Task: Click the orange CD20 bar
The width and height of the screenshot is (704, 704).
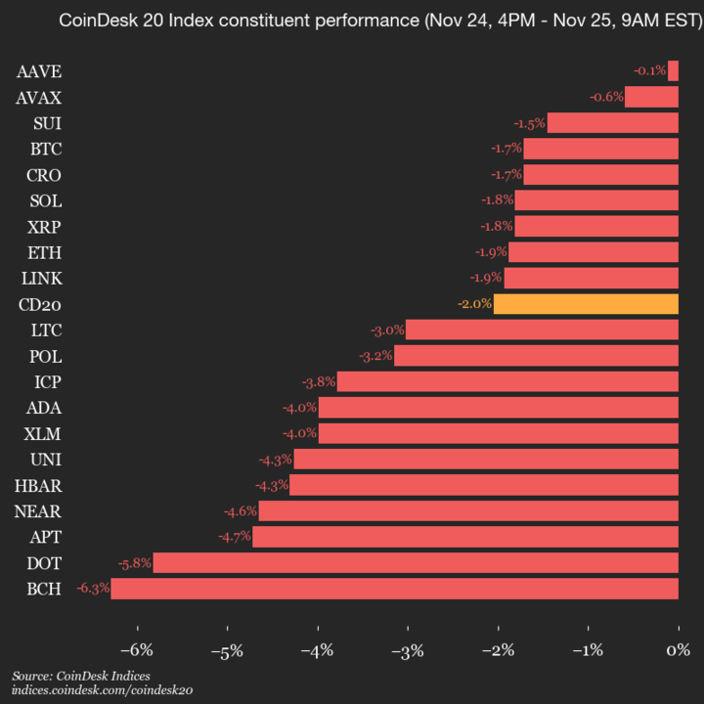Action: tap(586, 304)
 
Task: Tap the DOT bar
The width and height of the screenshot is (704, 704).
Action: tap(416, 562)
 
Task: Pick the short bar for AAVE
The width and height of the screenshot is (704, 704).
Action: tap(673, 70)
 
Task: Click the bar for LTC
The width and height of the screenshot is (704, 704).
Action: tap(542, 330)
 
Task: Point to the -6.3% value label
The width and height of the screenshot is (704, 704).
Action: tap(93, 589)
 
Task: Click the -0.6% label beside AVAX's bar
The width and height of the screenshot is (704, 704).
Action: tap(606, 97)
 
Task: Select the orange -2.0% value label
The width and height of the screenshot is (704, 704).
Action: tap(474, 304)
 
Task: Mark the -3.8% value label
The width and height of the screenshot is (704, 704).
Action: tap(319, 381)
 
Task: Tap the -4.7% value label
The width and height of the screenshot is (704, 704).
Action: tap(235, 537)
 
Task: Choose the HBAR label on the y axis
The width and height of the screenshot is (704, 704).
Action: tap(38, 485)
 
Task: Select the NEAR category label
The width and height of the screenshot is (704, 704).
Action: tap(38, 510)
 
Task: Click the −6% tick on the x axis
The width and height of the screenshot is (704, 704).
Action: tap(137, 650)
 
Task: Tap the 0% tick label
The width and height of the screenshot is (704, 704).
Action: tap(678, 650)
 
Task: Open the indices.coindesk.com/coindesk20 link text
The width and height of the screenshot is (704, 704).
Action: tap(102, 690)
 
